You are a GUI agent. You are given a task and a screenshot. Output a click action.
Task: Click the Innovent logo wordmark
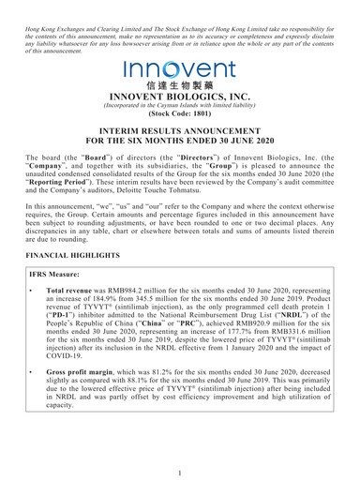tap(180, 67)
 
